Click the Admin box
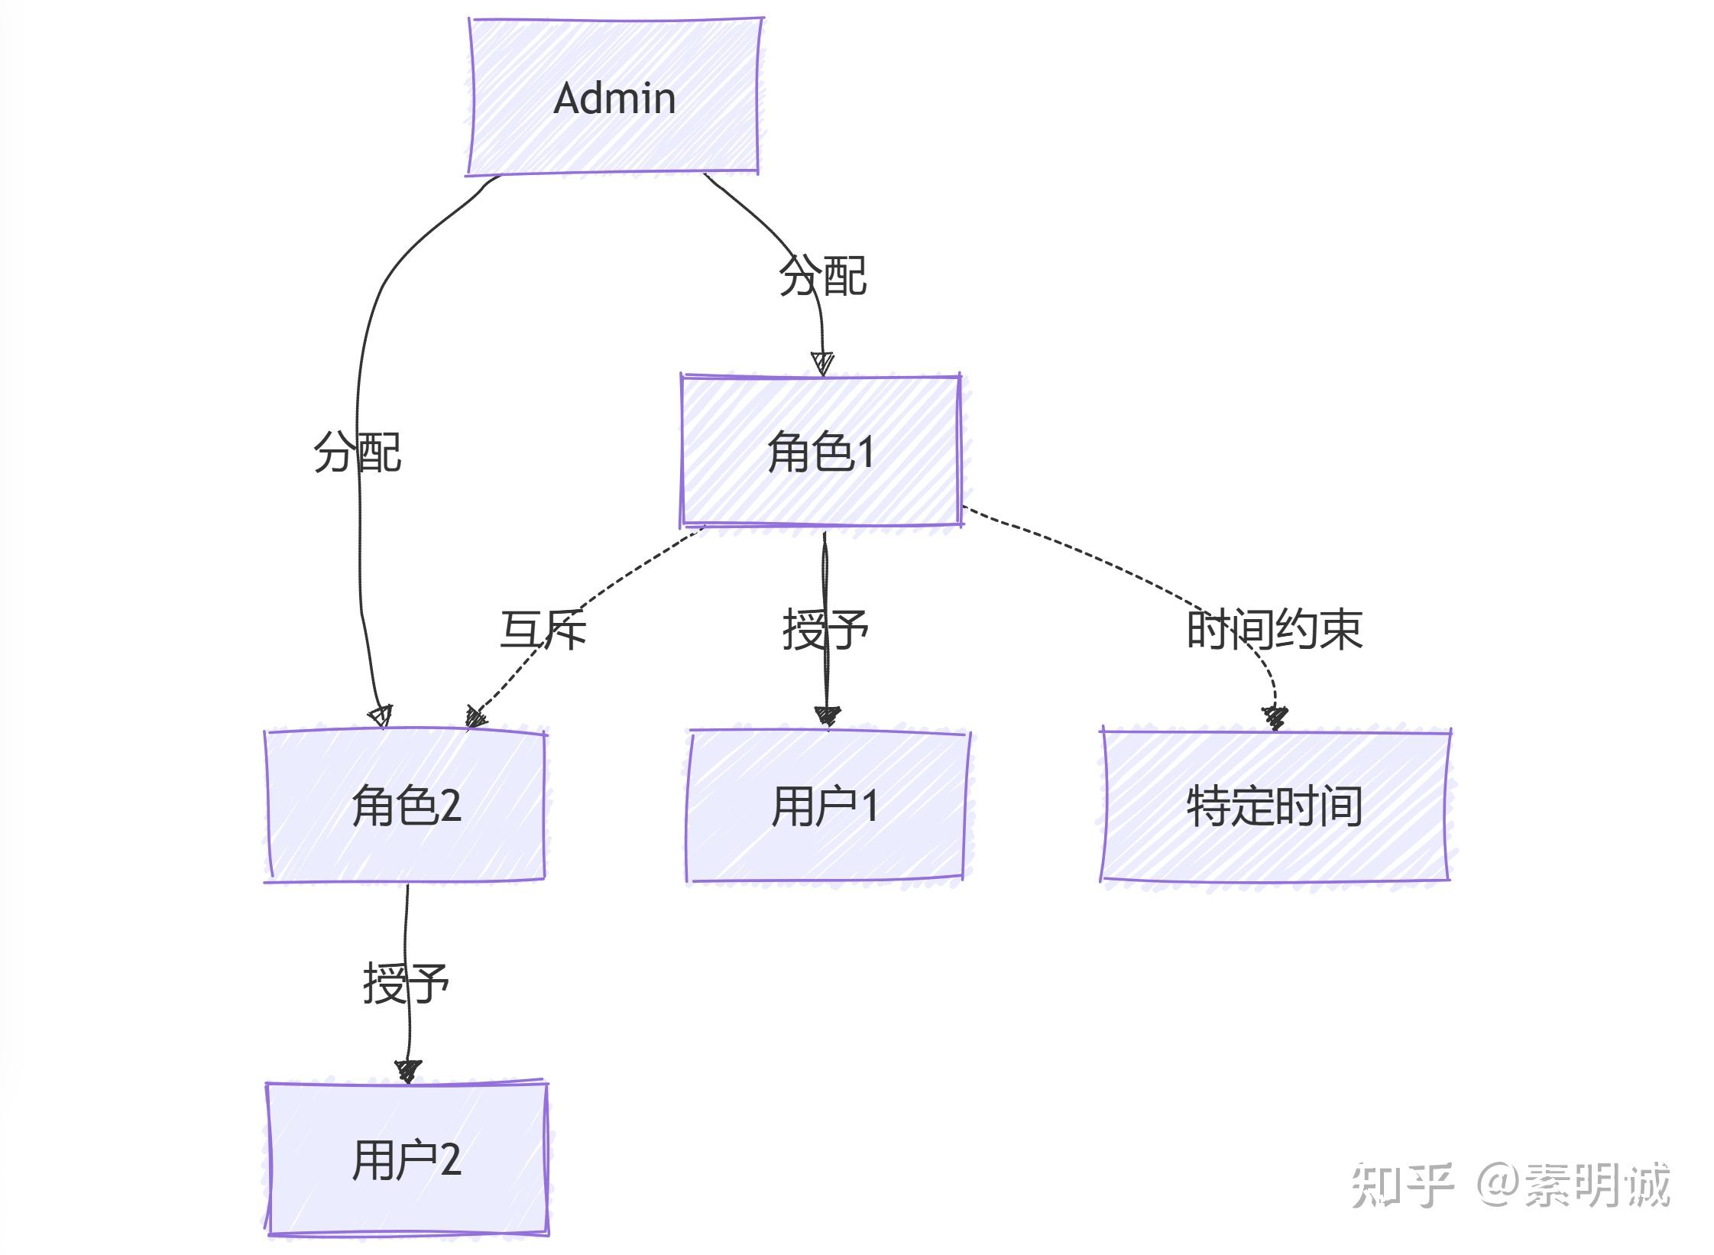coord(614,98)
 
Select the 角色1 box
coord(821,452)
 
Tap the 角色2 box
coord(406,806)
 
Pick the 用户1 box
coord(825,806)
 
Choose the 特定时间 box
coord(1275,806)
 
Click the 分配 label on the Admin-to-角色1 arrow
coord(822,276)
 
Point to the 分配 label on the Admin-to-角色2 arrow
coord(357,452)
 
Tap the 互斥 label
coord(543,630)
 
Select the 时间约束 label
coord(1275,630)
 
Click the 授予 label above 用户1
coord(825,630)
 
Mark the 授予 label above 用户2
coord(406,984)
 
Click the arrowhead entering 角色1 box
coord(822,363)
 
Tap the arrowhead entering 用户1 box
coord(827,716)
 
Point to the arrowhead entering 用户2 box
coord(407,1070)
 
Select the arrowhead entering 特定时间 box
coord(1275,718)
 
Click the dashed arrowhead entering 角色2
coord(476,717)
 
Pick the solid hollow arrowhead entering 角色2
coord(381,716)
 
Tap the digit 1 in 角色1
coord(866,452)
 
